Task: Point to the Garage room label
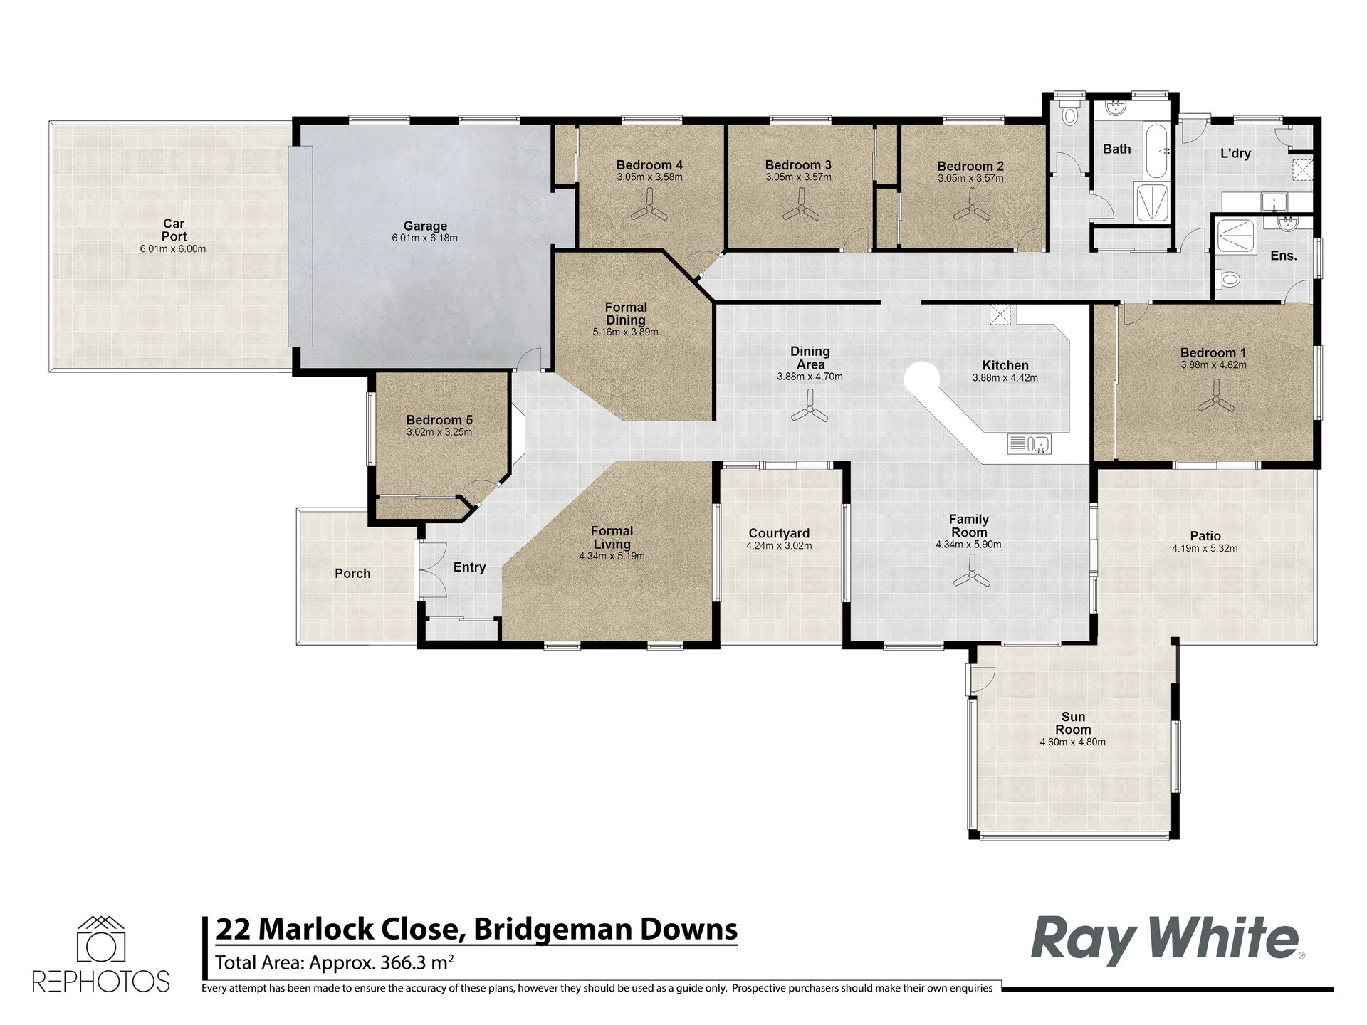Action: click(x=425, y=226)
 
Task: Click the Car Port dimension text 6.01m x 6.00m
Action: click(x=174, y=249)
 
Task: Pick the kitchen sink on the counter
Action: click(x=1030, y=444)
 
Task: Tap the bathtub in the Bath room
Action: click(x=1156, y=152)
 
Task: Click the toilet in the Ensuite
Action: click(x=1227, y=280)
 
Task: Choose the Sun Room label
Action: click(x=1073, y=723)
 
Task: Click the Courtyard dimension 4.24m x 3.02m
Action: click(x=779, y=546)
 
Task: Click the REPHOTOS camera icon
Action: click(x=100, y=939)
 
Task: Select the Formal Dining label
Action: click(x=626, y=313)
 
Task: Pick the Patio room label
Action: click(x=1205, y=536)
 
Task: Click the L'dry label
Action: click(x=1235, y=153)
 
